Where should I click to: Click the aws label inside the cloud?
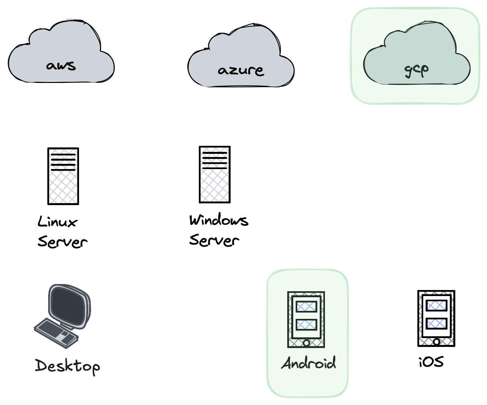tap(61, 65)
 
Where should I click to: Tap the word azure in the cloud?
tap(241, 71)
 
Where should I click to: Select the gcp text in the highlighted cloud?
tap(416, 69)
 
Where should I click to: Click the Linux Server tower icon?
tap(63, 176)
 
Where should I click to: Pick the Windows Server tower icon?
tap(215, 175)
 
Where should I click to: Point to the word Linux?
tap(57, 222)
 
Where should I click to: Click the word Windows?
tap(219, 220)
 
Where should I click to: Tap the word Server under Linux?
tap(62, 242)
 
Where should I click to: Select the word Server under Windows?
tap(214, 240)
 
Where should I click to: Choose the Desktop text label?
tap(67, 366)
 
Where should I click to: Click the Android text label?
tap(308, 363)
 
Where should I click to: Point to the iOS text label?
tap(431, 362)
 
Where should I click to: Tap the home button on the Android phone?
tap(306, 343)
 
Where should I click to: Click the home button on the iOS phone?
tap(436, 342)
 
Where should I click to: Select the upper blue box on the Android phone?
tap(306, 307)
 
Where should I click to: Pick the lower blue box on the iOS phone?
tap(436, 323)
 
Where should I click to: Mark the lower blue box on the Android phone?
tap(306, 324)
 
